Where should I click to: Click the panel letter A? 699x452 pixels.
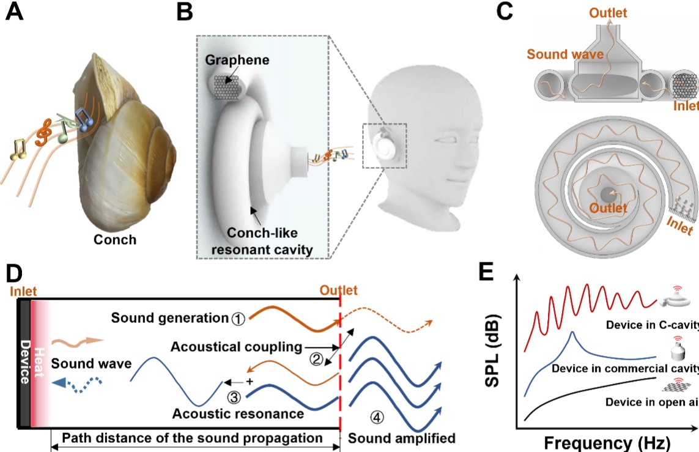[x=15, y=13]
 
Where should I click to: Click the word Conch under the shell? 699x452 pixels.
[x=114, y=239]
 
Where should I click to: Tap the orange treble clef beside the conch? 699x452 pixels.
[x=43, y=133]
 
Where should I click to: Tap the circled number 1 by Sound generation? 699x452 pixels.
[x=239, y=318]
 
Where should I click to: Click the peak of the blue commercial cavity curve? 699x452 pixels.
[x=571, y=333]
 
